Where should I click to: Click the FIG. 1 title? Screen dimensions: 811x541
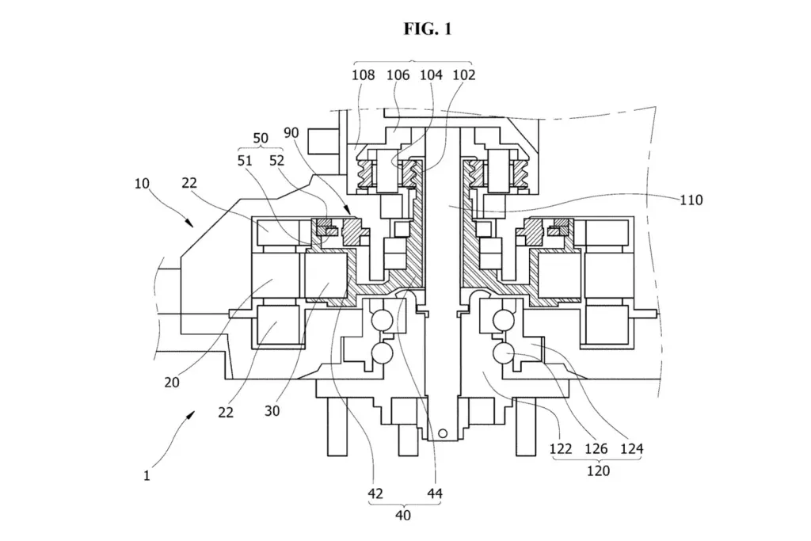[428, 29]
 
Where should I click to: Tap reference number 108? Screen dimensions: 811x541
[363, 75]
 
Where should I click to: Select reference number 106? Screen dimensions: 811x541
[398, 75]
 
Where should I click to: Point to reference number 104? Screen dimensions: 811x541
[431, 75]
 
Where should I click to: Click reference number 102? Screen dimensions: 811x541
[463, 75]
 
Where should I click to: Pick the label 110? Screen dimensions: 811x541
[691, 200]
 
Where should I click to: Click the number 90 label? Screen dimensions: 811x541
[291, 133]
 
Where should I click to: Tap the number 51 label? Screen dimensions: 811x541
[245, 160]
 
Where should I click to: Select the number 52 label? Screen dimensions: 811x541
[276, 160]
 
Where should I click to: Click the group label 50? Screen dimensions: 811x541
[261, 138]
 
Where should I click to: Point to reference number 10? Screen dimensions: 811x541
[142, 184]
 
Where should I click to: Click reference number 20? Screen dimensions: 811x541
[172, 383]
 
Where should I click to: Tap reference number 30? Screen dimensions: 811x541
[272, 410]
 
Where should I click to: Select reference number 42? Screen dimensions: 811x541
[375, 493]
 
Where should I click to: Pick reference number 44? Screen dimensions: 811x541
[435, 493]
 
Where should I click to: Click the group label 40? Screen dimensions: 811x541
[403, 515]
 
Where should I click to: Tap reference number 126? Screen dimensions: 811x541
[596, 448]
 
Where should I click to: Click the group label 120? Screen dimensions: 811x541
[598, 471]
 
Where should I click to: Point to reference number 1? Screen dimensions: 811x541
[147, 475]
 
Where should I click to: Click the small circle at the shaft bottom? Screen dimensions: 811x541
[442, 433]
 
